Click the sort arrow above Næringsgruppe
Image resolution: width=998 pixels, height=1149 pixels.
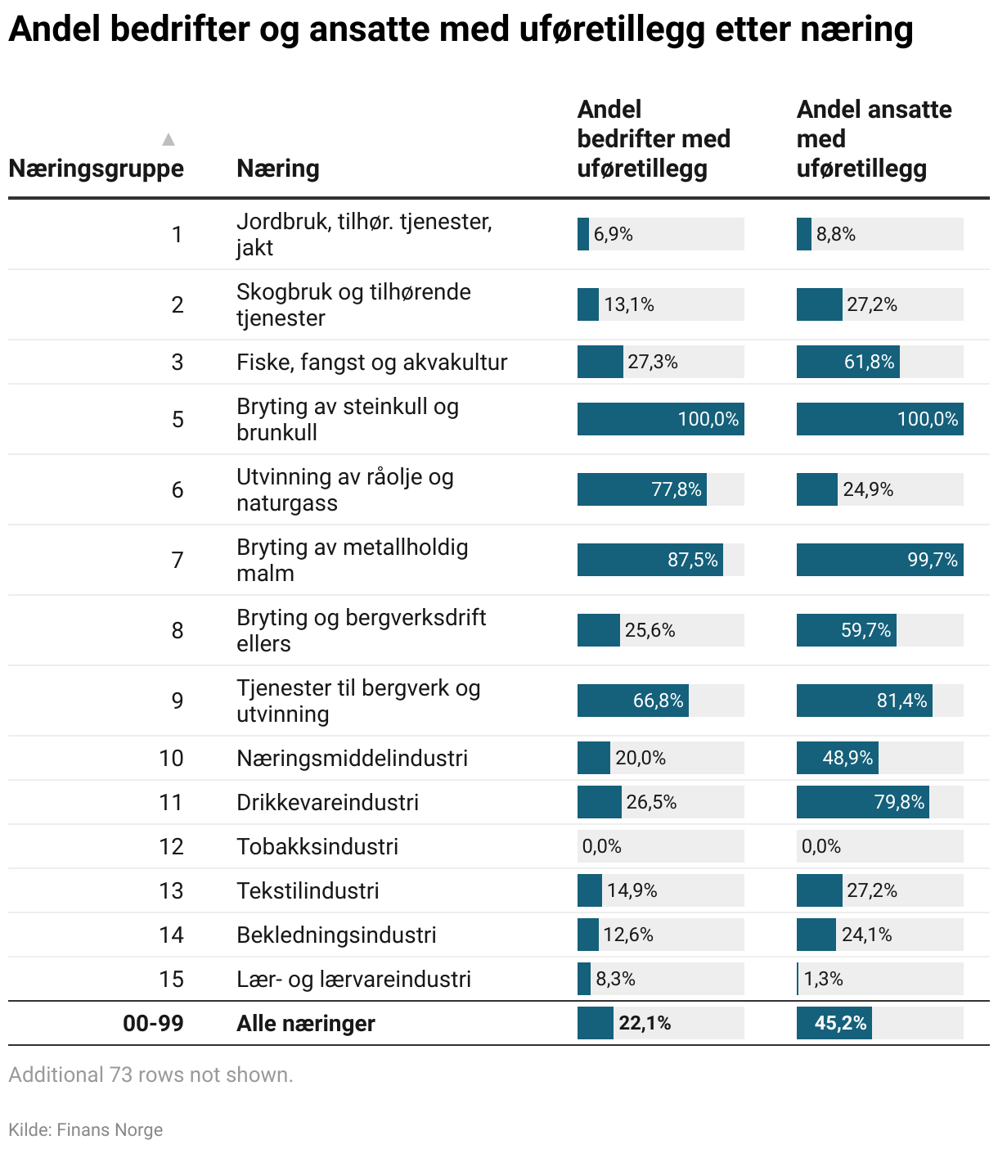click(x=169, y=139)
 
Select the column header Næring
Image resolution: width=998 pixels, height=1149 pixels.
click(x=277, y=169)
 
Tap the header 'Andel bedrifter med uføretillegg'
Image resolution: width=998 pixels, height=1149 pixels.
click(x=653, y=139)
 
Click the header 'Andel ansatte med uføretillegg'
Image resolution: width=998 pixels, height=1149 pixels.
click(x=873, y=139)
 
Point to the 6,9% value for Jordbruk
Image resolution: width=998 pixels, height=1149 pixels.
click(x=613, y=235)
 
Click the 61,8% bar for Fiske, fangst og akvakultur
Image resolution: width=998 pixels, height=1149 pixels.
click(x=848, y=362)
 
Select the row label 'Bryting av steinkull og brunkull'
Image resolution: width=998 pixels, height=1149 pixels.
click(x=347, y=419)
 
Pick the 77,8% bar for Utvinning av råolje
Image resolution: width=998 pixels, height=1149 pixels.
click(x=642, y=489)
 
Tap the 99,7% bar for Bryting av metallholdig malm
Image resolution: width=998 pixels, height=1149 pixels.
click(x=879, y=560)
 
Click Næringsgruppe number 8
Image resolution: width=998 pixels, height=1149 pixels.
click(x=178, y=630)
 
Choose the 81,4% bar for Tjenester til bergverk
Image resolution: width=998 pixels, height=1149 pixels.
click(x=865, y=701)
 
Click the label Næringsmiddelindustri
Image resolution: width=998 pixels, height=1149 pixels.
click(x=352, y=758)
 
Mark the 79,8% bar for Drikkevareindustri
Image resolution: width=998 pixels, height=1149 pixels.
click(x=863, y=802)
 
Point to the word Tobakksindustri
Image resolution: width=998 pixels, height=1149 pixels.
click(x=317, y=846)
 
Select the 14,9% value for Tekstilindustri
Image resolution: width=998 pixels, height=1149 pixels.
click(x=632, y=890)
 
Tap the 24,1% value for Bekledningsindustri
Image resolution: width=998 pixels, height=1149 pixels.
click(x=866, y=935)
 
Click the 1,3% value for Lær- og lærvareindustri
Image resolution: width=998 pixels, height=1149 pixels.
click(x=823, y=979)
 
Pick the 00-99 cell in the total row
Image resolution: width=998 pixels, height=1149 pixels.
click(x=153, y=1023)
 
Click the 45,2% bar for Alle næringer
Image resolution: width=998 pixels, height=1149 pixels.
click(x=834, y=1023)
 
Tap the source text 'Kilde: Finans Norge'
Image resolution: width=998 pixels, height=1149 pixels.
click(x=86, y=1130)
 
